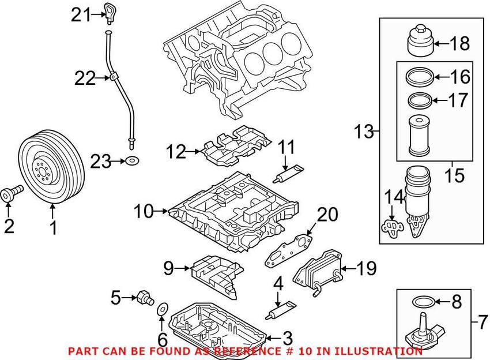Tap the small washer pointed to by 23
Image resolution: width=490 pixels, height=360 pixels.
coord(132,162)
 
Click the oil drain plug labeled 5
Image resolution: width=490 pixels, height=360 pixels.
coord(145,298)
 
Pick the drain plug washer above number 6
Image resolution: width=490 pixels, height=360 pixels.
coord(162,309)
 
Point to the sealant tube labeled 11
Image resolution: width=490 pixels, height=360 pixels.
coord(288,173)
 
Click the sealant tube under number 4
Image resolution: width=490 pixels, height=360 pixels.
coord(281,310)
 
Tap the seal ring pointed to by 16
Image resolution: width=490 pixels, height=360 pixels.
coord(420,77)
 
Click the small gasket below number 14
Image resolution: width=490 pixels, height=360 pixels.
coord(392,226)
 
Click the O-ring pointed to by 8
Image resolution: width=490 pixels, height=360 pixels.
coord(423,302)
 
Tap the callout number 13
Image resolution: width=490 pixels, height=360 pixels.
coord(364,132)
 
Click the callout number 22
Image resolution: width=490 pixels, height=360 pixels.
coord(85,78)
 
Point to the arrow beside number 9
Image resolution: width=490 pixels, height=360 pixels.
coord(182,268)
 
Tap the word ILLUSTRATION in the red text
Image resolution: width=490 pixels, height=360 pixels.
coord(378,351)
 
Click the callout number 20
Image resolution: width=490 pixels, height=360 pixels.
coord(327,215)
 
